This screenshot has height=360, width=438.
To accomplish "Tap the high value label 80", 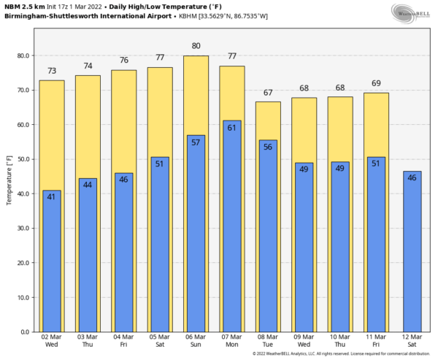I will pyautogui.click(x=196, y=46).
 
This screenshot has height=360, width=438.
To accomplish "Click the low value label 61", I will pyautogui.click(x=231, y=128).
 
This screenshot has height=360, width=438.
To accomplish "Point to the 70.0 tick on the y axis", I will pyautogui.click(x=24, y=91).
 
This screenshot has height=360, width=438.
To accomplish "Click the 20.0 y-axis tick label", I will pyautogui.click(x=24, y=263).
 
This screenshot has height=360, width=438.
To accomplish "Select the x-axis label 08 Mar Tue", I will pyautogui.click(x=268, y=340).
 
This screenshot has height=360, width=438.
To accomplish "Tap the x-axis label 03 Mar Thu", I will pyautogui.click(x=88, y=340).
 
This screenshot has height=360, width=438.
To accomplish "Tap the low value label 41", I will pyautogui.click(x=51, y=196).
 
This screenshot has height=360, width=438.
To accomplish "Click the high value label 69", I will pyautogui.click(x=376, y=84).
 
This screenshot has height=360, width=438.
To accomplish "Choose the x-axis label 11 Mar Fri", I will pyautogui.click(x=376, y=340).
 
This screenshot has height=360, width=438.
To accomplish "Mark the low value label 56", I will pyautogui.click(x=268, y=146).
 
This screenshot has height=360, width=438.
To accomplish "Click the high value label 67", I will pyautogui.click(x=268, y=93).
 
